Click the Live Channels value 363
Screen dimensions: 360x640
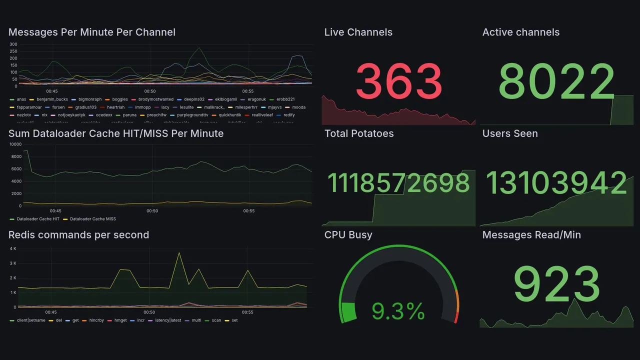point(399,81)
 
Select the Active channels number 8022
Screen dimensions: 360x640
point(556,81)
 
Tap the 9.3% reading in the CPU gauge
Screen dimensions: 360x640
point(398,312)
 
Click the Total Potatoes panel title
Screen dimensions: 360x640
point(358,133)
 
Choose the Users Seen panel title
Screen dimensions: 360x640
point(510,133)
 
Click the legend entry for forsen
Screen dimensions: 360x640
point(58,107)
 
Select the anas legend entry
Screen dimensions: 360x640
point(21,99)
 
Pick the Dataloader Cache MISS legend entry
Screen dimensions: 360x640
point(92,219)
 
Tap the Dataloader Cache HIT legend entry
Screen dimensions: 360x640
point(38,219)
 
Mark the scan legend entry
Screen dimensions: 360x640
point(216,320)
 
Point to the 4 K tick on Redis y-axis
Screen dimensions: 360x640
point(13,248)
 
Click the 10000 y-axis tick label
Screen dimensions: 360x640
point(15,144)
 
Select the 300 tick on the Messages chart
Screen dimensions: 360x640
point(13,44)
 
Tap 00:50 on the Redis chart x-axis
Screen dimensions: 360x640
point(149,312)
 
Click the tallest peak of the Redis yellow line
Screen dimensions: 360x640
point(179,253)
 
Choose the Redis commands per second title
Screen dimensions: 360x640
point(78,235)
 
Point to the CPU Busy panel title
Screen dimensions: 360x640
point(348,235)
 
